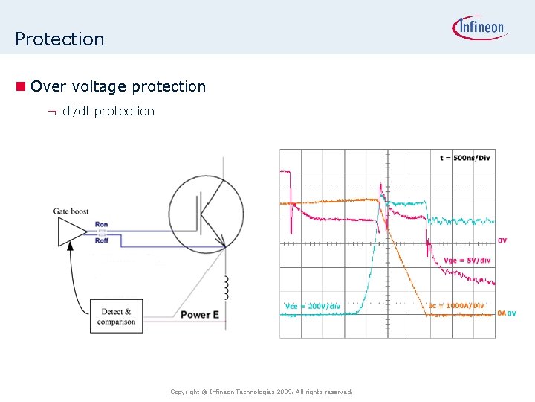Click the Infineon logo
[479, 28]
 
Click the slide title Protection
[59, 39]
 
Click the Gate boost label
[71, 211]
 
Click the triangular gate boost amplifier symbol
[71, 232]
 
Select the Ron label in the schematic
[102, 225]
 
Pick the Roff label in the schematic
[102, 241]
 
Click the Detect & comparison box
[117, 316]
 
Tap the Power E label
[199, 315]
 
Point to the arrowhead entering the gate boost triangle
[70, 252]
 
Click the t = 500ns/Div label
[464, 158]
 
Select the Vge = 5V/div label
[467, 261]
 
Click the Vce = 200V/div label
[313, 306]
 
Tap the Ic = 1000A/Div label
[456, 306]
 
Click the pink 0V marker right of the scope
[502, 240]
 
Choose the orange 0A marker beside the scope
[501, 313]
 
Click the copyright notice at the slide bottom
[261, 392]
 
